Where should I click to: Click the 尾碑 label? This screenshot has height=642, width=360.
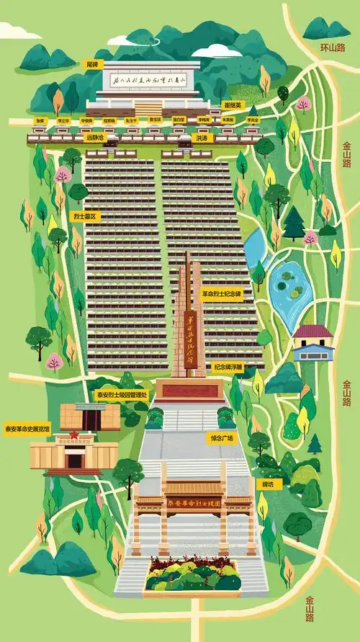91,63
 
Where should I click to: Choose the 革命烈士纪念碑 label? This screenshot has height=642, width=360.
222,294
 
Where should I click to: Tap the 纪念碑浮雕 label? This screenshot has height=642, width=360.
229,366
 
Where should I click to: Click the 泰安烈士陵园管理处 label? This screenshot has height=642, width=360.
122,394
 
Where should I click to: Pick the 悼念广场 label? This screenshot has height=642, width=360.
222,437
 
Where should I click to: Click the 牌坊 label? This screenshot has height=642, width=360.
268,484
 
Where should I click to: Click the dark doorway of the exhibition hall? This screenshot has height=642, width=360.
74,459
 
